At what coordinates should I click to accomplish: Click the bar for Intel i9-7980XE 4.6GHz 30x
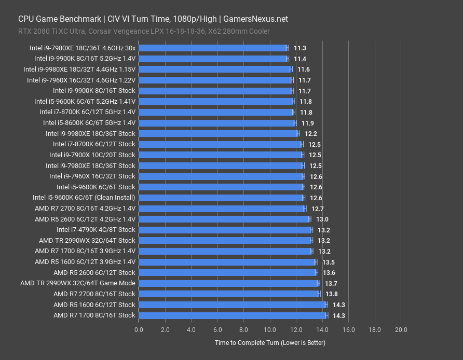(x=213, y=48)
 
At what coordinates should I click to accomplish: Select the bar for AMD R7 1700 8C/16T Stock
(x=233, y=315)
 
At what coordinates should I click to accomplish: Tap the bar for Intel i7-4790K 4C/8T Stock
(x=225, y=230)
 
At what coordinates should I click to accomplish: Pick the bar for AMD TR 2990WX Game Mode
(x=228, y=283)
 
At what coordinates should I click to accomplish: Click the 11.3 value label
(x=299, y=48)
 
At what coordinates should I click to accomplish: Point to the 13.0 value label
(x=322, y=219)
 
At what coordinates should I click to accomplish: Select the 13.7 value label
(x=331, y=283)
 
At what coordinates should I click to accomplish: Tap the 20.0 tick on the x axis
(x=401, y=329)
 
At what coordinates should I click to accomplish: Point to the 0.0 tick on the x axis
(x=139, y=329)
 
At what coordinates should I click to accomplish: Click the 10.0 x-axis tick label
(x=270, y=329)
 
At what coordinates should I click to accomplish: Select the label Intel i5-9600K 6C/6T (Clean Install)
(x=84, y=198)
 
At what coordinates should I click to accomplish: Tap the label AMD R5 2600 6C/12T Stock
(x=94, y=272)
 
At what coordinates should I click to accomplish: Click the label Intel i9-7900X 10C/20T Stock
(x=92, y=155)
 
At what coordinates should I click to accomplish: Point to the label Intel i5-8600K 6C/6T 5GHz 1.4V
(x=89, y=123)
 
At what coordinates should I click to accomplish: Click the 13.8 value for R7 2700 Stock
(x=331, y=294)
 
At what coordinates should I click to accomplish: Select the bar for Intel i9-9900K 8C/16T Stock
(x=216, y=91)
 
